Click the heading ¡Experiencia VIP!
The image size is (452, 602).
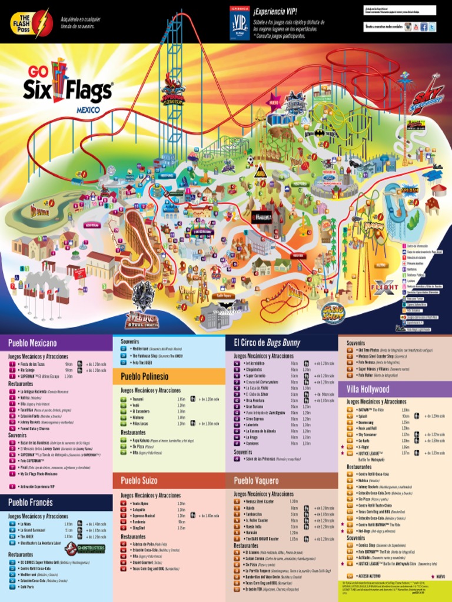click(x=275, y=12)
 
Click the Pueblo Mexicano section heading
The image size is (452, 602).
click(x=32, y=343)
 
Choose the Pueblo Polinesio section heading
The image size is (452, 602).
click(x=144, y=376)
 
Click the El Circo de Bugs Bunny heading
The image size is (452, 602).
click(x=267, y=343)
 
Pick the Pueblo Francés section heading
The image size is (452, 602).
click(x=30, y=502)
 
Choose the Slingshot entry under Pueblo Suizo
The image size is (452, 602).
click(x=139, y=528)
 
